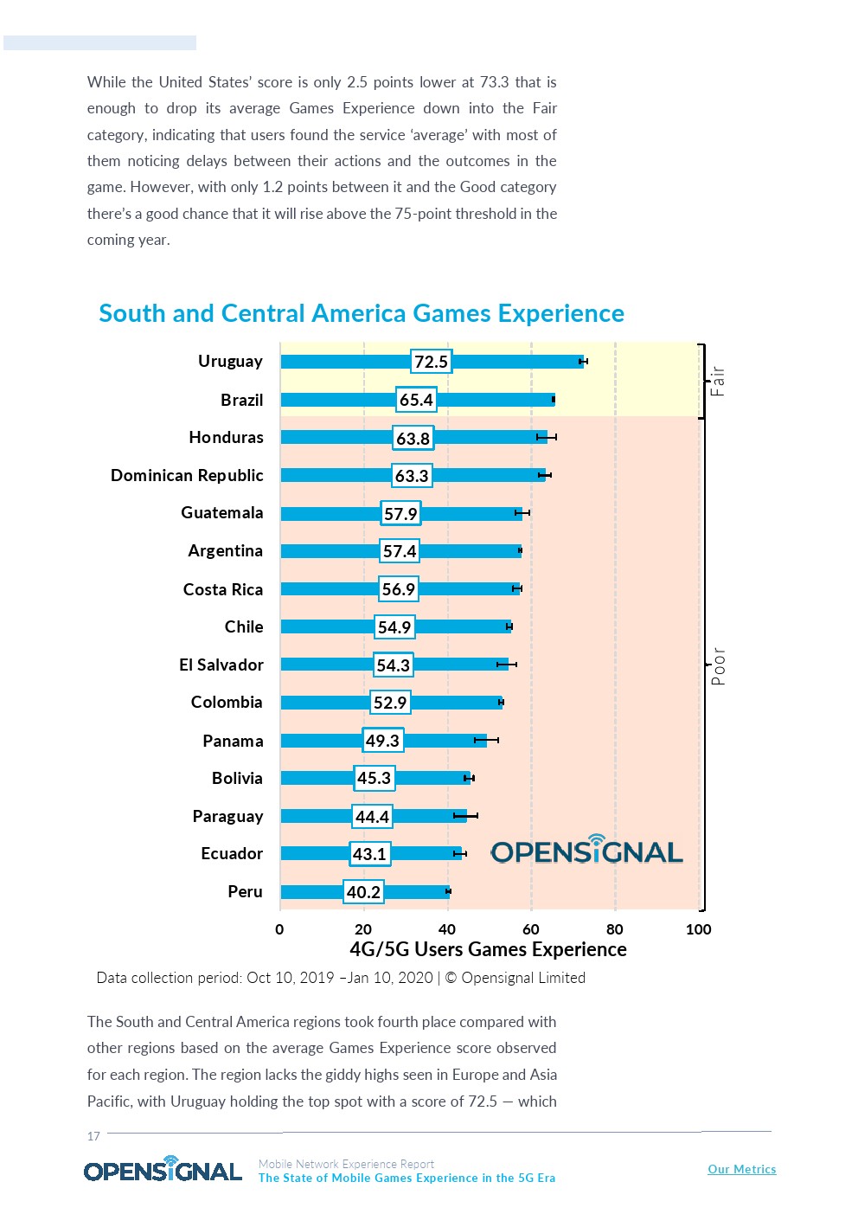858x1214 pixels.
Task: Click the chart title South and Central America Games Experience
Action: tap(362, 313)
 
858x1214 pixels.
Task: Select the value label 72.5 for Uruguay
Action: tap(431, 362)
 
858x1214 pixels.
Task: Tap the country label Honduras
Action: tap(226, 438)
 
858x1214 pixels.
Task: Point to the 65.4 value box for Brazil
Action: tap(416, 400)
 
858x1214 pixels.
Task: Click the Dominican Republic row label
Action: tap(187, 475)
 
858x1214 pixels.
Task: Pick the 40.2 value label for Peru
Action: tap(363, 892)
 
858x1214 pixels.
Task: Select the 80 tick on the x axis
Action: tap(615, 929)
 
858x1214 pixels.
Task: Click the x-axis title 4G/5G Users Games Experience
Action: tap(488, 949)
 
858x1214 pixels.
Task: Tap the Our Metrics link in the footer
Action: tap(741, 1169)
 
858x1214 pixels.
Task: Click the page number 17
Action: tap(93, 1136)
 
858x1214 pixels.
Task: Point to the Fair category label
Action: tap(717, 381)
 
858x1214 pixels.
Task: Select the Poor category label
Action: tap(718, 666)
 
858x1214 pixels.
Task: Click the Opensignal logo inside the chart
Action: tap(587, 851)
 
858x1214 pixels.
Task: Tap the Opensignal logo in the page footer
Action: tap(163, 1170)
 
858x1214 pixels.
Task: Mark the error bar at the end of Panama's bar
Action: tap(486, 741)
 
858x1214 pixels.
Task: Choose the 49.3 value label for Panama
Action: tap(382, 741)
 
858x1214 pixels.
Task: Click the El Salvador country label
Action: tap(221, 665)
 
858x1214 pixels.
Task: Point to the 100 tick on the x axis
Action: tap(698, 929)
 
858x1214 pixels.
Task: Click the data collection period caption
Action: tap(341, 978)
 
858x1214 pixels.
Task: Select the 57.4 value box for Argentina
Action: tap(400, 551)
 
